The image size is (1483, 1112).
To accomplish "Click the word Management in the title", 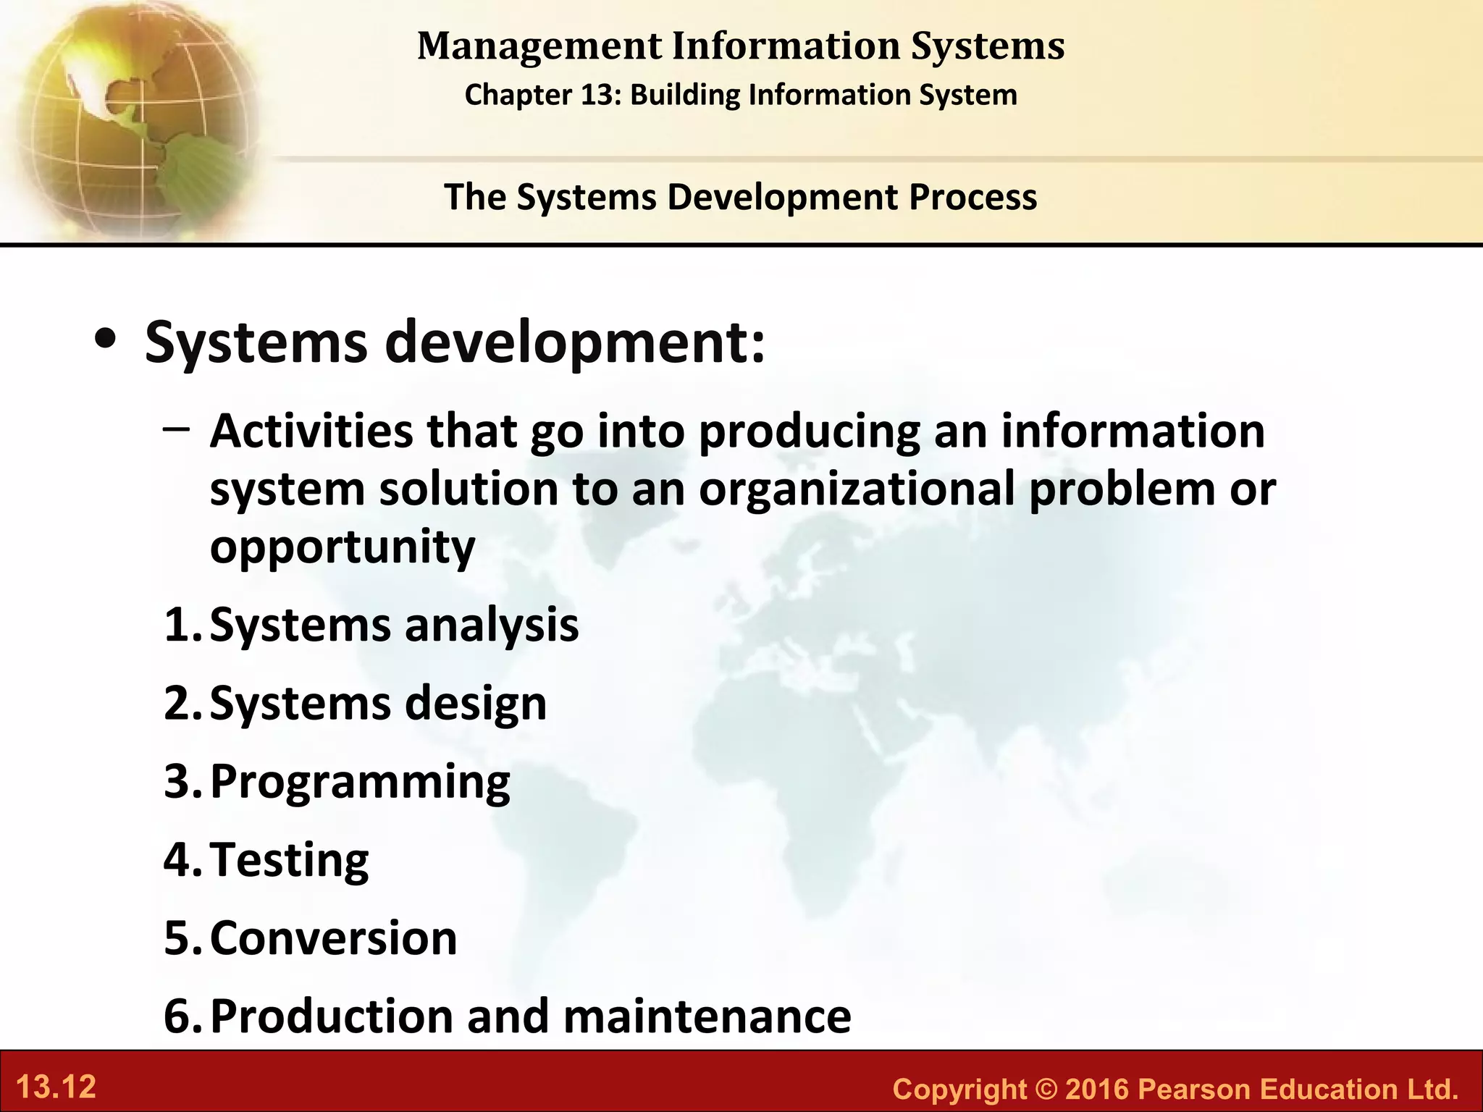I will tap(539, 46).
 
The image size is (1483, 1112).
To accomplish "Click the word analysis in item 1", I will tap(492, 625).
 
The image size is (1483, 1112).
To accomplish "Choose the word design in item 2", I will tap(476, 704).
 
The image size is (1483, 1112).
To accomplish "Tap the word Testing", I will tap(290, 860).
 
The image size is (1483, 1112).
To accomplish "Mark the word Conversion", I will tap(333, 938).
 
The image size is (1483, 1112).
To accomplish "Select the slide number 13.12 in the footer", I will tap(56, 1087).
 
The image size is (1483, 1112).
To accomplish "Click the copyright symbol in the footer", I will tap(1046, 1089).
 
